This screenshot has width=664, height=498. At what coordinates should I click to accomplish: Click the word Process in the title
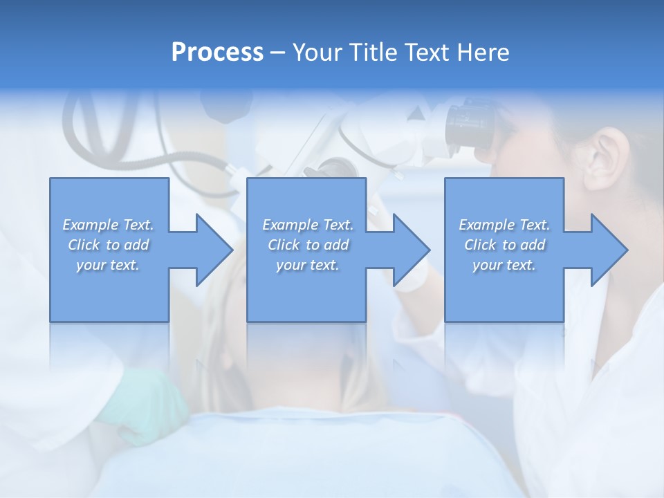point(217,52)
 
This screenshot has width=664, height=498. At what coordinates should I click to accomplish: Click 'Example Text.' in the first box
point(109,225)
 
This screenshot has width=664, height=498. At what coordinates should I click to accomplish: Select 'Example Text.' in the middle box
point(308,225)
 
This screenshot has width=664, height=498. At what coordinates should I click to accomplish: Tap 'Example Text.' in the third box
point(504,225)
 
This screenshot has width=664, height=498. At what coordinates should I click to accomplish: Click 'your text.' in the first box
point(108,265)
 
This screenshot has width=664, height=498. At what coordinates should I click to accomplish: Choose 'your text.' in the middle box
point(307,265)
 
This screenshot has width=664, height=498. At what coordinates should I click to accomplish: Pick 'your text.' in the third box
point(504,265)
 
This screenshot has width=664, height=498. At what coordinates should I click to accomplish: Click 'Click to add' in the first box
point(109,245)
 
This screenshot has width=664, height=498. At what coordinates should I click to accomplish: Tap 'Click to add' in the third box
point(505,245)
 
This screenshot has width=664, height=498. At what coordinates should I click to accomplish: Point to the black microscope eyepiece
point(470,124)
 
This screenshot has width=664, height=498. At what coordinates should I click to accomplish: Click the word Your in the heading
point(315,52)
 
